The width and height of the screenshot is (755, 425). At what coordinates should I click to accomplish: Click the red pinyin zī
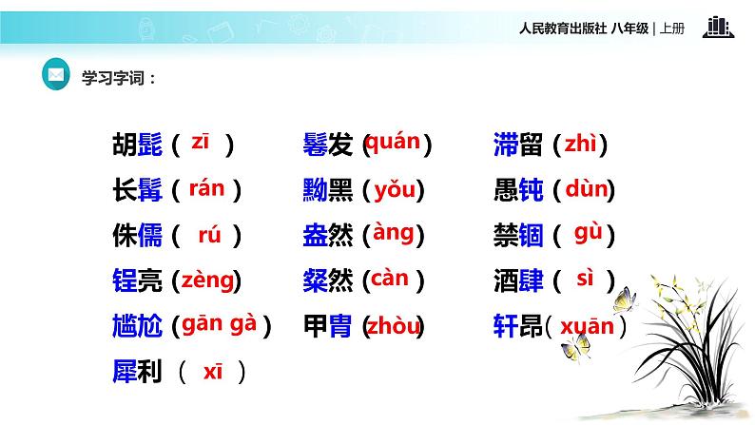point(200,143)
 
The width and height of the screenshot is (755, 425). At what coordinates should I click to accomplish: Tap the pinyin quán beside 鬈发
point(392,143)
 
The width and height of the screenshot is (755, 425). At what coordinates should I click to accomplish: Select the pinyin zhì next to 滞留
point(579,145)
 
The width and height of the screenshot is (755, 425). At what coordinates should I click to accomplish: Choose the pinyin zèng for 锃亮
point(207,280)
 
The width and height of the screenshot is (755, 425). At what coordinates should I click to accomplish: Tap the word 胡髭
point(137,145)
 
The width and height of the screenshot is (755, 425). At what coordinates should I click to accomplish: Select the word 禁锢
point(519,235)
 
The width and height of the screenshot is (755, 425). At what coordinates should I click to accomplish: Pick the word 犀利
point(137,371)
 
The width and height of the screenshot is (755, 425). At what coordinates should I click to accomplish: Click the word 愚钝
point(519,191)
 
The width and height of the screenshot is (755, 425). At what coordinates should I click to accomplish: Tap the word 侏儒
point(137,235)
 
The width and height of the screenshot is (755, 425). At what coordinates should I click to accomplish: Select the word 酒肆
point(519,280)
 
